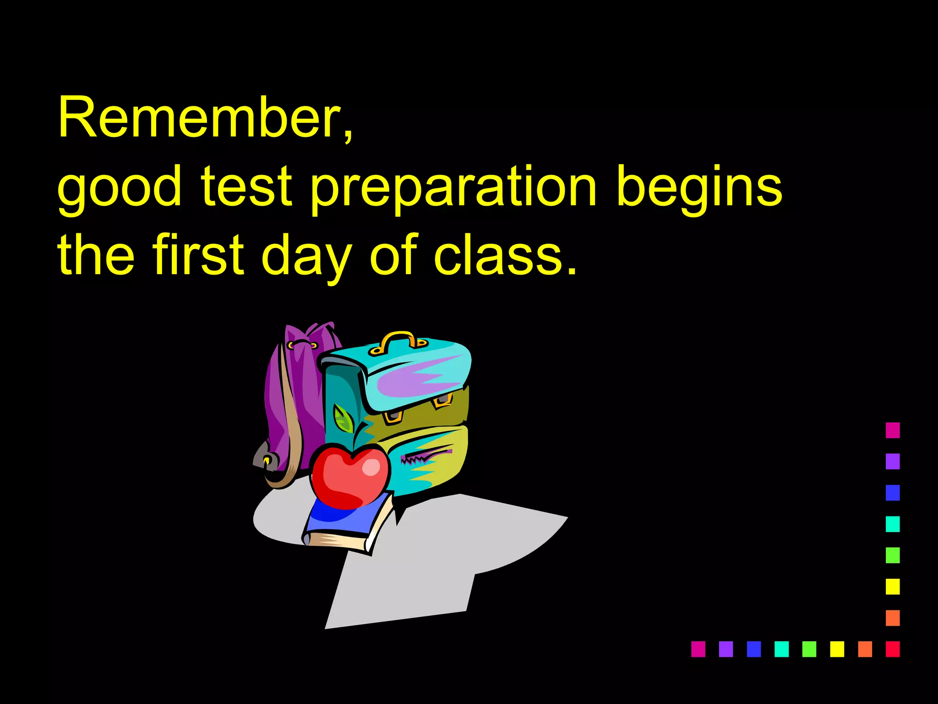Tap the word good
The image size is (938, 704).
119,188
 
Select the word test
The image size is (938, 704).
246,186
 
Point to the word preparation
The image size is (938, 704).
453,188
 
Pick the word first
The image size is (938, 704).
198,254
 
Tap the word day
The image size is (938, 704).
307,257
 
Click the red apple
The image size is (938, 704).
350,477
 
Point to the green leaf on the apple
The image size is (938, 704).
343,418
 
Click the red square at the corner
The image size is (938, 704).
892,649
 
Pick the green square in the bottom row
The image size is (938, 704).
809,649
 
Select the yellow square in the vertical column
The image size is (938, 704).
892,586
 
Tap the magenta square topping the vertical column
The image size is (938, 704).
892,430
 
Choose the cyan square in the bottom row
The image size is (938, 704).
781,649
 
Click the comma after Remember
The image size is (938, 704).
349,137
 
